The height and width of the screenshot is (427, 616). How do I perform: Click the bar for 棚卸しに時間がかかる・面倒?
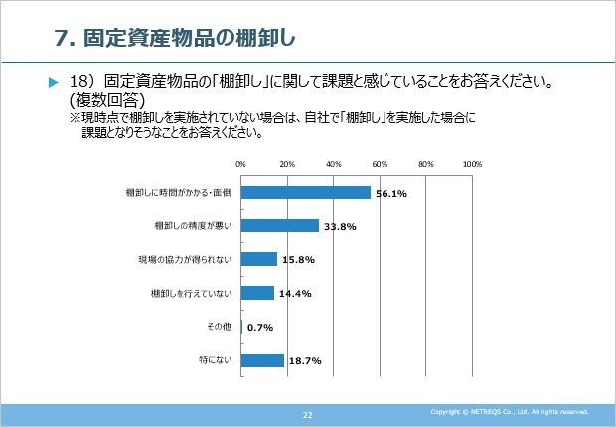click(x=305, y=193)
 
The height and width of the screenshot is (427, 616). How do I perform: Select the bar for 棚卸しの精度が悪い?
click(x=279, y=226)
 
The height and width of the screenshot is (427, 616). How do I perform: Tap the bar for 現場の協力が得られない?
click(x=258, y=259)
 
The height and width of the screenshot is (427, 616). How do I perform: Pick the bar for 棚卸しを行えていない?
click(x=257, y=293)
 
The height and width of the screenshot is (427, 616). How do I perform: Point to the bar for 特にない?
click(x=262, y=360)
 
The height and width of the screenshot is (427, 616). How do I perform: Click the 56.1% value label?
click(x=391, y=193)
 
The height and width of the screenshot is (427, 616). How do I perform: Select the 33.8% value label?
click(x=340, y=226)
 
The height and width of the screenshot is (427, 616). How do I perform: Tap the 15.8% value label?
click(x=298, y=260)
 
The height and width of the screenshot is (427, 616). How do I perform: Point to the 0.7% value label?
click(x=260, y=327)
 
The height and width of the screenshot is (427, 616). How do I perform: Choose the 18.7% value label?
click(x=304, y=360)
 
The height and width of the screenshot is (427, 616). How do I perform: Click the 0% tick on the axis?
click(x=240, y=164)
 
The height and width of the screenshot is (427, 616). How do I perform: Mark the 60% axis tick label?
click(x=380, y=164)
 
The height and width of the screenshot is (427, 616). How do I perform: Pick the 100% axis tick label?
click(x=472, y=164)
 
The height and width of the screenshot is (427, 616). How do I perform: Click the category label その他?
click(x=220, y=327)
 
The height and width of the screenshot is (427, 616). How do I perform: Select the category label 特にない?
click(x=217, y=360)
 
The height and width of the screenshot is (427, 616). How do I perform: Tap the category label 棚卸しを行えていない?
click(x=191, y=293)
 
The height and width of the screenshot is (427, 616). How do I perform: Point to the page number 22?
click(x=308, y=413)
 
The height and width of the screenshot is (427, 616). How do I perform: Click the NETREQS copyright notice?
click(x=510, y=411)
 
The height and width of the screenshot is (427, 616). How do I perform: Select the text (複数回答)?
click(x=107, y=100)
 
